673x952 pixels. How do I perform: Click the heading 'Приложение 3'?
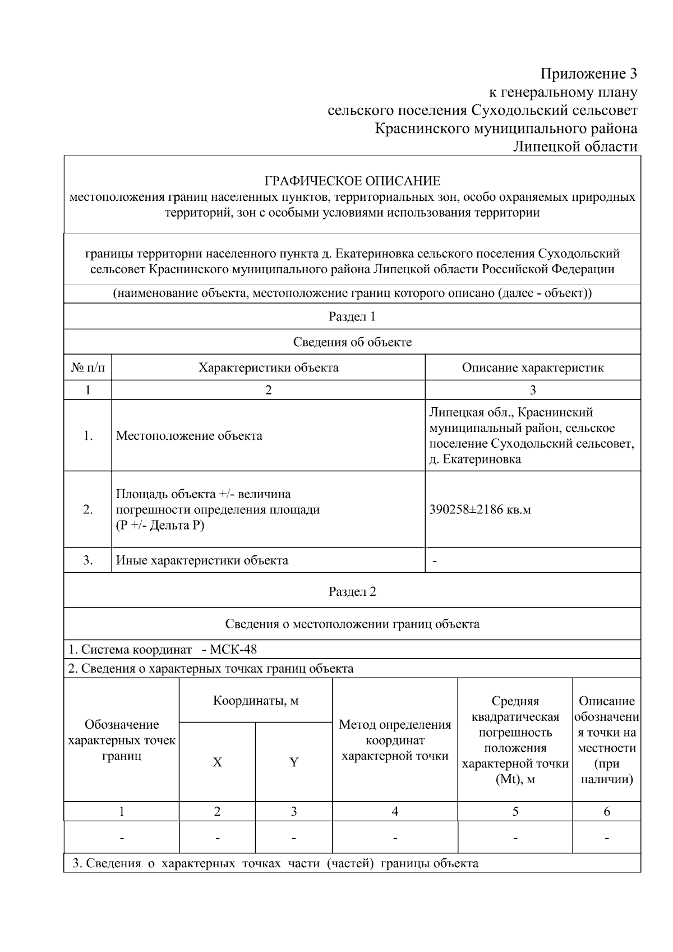pos(588,73)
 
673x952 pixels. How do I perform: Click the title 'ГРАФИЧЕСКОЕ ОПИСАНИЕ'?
pos(352,181)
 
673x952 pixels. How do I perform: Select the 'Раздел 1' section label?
pos(352,316)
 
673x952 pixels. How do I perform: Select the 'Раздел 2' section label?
pos(352,592)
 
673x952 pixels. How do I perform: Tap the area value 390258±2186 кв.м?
pos(480,510)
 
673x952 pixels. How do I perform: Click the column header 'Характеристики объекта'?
pos(268,368)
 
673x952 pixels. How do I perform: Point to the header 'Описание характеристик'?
pos(532,368)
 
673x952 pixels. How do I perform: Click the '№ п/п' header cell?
pos(88,368)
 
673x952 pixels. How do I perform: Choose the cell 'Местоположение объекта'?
pos(189,436)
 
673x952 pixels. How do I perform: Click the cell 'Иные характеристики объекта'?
pos(202,560)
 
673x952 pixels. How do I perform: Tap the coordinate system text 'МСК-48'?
pos(233,650)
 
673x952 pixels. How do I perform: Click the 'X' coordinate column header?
pos(217,762)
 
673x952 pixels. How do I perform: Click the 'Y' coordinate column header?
pos(294,762)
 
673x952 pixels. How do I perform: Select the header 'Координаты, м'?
pos(256,701)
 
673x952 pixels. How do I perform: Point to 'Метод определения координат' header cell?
pos(395,740)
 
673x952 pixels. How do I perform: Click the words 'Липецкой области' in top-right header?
pos(576,146)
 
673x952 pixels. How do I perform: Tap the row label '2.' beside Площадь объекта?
pos(88,510)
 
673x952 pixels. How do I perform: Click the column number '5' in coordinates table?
pos(515,811)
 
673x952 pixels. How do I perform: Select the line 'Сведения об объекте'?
pos(352,342)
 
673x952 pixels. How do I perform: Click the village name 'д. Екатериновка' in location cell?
pos(475,459)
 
